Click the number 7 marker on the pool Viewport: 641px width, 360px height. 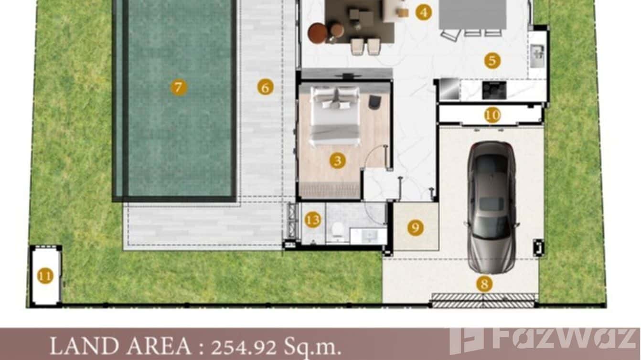178,87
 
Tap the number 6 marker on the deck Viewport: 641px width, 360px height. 265,87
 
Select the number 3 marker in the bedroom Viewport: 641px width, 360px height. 337,160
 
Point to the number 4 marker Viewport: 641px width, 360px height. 423,12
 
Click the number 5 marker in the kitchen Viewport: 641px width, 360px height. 492,61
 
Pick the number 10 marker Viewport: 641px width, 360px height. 492,115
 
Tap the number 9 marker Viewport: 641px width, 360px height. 416,227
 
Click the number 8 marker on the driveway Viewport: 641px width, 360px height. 484,285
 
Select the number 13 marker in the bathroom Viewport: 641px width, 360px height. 313,220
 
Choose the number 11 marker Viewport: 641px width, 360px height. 45,276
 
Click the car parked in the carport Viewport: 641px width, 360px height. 491,206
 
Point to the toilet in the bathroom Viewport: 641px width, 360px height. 338,229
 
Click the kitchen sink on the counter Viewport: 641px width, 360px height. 537,52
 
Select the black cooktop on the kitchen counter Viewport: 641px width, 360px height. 494,90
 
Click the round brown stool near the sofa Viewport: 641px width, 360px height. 318,33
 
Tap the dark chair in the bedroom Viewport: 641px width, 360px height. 375,102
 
